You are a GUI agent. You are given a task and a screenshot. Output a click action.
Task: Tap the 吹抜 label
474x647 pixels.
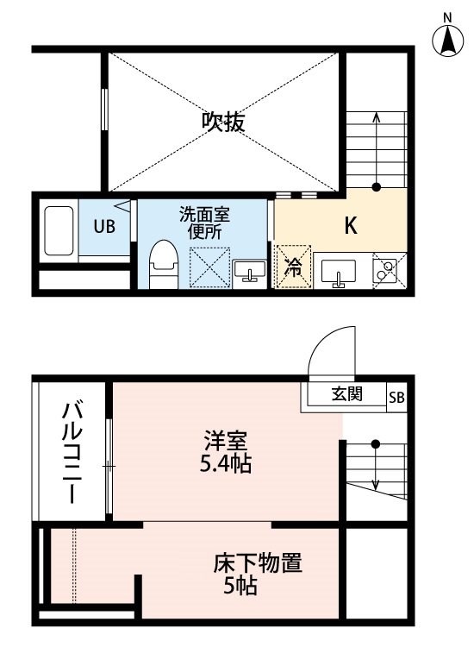click(223, 122)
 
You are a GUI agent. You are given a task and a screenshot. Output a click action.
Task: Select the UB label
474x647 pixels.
click(104, 227)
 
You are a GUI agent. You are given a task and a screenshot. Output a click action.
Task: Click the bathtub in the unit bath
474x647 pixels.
click(59, 230)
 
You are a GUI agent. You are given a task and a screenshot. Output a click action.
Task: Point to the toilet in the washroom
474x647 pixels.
click(164, 264)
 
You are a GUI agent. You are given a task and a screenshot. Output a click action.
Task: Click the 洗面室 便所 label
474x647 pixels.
click(204, 223)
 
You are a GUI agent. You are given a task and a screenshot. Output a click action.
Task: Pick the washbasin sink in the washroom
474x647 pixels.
click(250, 271)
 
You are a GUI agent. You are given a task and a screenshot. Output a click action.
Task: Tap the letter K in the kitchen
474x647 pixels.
click(351, 225)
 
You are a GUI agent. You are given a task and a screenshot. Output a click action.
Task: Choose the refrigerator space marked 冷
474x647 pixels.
click(294, 267)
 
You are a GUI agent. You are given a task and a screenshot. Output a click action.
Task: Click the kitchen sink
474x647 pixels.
click(338, 273)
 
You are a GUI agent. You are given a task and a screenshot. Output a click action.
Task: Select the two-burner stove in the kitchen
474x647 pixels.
click(385, 271)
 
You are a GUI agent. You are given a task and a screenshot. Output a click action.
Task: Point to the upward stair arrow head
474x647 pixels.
click(376, 117)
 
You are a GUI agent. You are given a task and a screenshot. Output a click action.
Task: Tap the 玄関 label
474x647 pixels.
click(347, 394)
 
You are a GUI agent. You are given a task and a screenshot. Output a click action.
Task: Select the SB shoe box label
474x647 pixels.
click(396, 398)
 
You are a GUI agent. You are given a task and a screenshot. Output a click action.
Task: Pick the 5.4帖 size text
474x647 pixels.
click(226, 463)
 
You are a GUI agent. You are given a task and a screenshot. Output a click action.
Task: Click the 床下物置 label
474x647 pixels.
click(258, 562)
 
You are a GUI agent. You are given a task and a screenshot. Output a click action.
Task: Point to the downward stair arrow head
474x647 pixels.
click(376, 485)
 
